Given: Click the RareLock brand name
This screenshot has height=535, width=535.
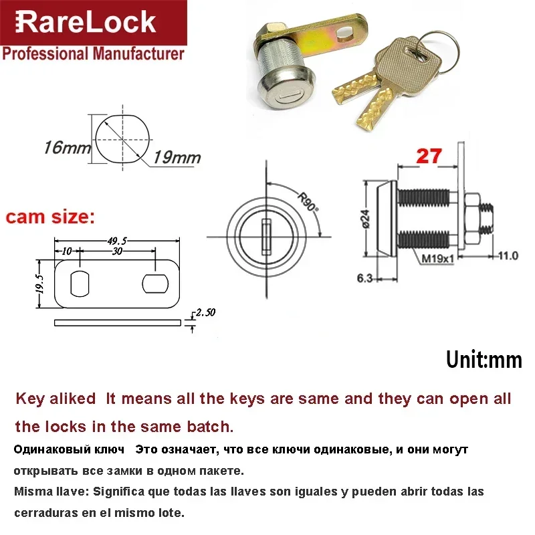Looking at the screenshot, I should click(x=85, y=23).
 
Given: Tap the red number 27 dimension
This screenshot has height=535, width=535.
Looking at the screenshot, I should click(x=429, y=156).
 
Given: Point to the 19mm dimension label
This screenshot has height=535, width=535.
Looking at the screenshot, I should click(x=177, y=158).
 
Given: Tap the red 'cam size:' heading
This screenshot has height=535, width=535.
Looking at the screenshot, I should click(x=50, y=217).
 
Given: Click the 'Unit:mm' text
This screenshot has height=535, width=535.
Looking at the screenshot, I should click(x=484, y=359).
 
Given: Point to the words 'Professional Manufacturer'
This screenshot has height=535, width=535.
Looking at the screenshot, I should click(x=93, y=53).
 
